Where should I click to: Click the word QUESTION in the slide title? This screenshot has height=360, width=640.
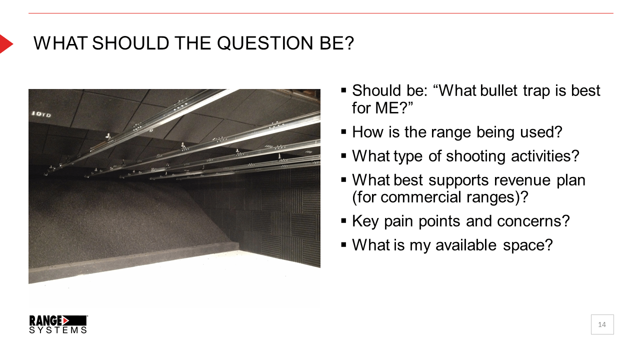pyautogui.click(x=265, y=43)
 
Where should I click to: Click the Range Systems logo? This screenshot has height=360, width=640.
pyautogui.click(x=58, y=324)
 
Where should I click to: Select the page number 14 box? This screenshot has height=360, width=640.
pyautogui.click(x=602, y=324)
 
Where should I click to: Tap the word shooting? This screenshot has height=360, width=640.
pyautogui.click(x=475, y=156)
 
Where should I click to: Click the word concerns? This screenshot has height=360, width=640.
pyautogui.click(x=533, y=221)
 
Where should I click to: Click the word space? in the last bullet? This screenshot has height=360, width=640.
pyautogui.click(x=528, y=245)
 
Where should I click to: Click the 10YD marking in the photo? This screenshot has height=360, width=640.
pyautogui.click(x=41, y=114)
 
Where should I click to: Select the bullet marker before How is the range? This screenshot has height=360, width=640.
pyautogui.click(x=343, y=132)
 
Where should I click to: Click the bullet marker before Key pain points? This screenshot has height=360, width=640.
pyautogui.click(x=343, y=221)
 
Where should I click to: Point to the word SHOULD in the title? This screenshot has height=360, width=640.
pyautogui.click(x=130, y=43)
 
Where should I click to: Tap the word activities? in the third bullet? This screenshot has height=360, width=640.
pyautogui.click(x=545, y=156)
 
